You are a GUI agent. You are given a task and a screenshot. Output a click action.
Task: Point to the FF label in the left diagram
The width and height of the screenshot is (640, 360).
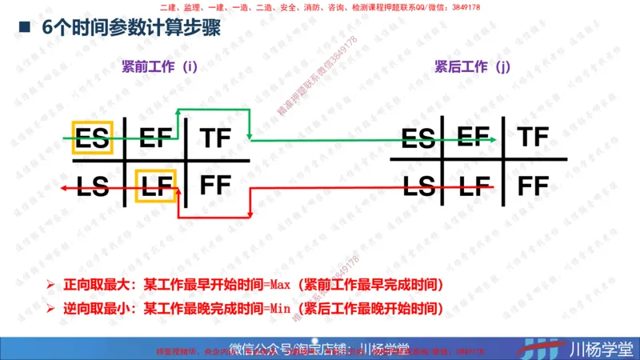(x=216, y=185)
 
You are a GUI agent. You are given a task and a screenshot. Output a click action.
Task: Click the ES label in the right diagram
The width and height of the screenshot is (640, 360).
(x=418, y=139)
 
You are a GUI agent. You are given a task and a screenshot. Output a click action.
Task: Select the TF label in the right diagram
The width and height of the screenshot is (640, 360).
(x=533, y=136)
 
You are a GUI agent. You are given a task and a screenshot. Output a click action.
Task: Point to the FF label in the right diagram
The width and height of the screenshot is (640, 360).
(x=534, y=186)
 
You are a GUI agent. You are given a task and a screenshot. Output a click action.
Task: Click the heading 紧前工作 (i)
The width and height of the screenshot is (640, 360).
(x=159, y=67)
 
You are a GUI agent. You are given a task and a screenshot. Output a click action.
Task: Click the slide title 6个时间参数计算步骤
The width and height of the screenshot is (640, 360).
(x=131, y=28)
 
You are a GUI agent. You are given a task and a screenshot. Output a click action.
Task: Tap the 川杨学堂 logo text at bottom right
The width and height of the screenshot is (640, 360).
(x=600, y=349)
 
